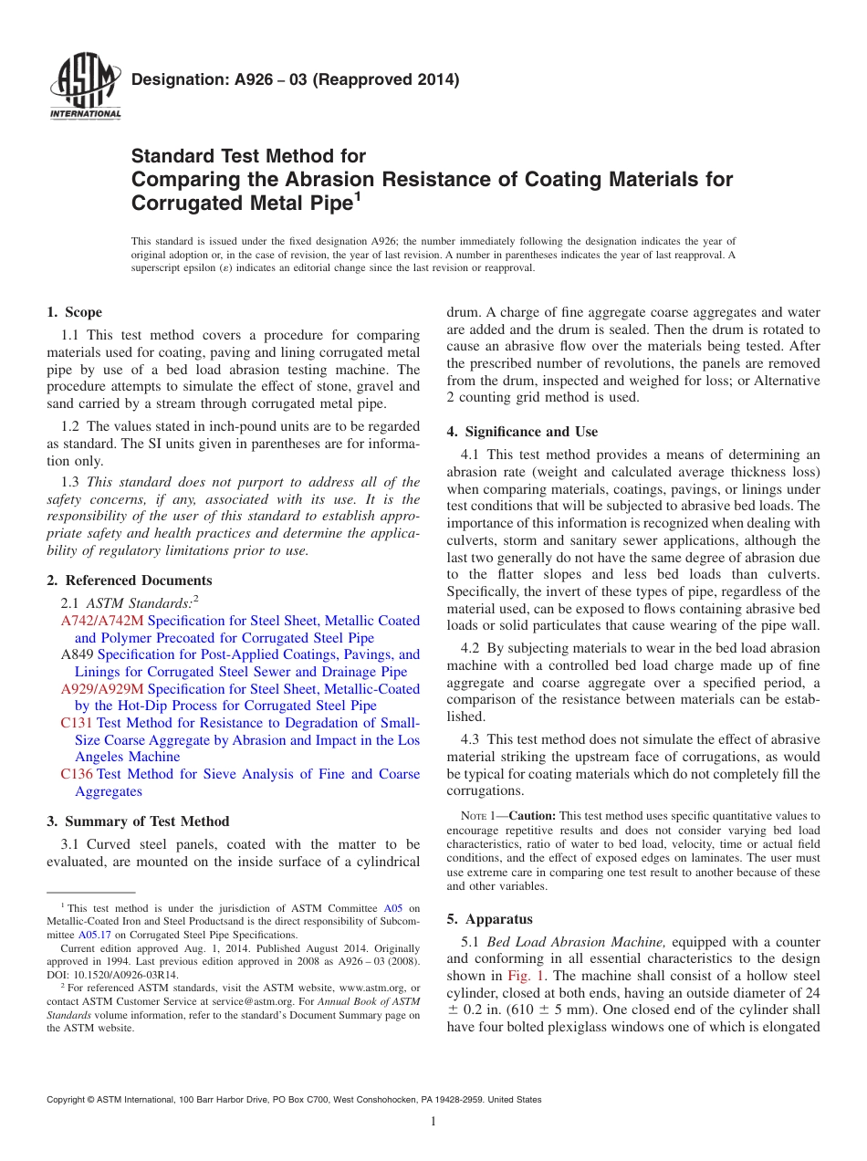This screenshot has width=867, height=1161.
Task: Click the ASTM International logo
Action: [84, 89]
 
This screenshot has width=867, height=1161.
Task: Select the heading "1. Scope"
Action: [74, 312]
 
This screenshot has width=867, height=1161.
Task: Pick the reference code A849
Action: [77, 654]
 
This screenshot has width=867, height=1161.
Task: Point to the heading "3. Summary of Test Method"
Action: [138, 821]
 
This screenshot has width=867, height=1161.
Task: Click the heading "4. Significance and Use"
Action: [522, 432]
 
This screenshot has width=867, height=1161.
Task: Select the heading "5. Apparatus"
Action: [489, 919]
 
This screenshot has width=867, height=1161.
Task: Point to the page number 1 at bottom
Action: [433, 1122]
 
